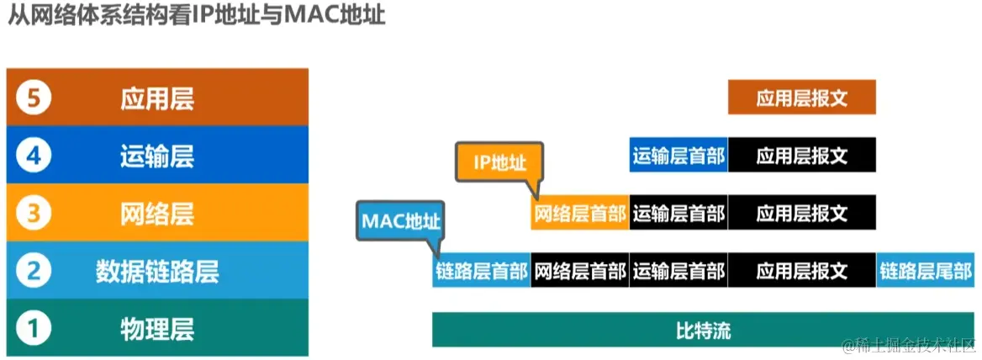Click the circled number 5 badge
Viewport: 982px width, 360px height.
(34, 99)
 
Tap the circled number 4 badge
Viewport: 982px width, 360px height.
(34, 156)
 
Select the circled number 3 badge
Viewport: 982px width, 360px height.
(34, 214)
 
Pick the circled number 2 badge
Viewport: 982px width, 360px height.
(34, 271)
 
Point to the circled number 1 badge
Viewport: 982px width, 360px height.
(34, 328)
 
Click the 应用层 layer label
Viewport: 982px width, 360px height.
(157, 99)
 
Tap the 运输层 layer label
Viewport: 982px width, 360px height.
(157, 156)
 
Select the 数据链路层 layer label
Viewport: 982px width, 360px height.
(157, 271)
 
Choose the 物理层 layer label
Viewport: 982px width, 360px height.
(157, 328)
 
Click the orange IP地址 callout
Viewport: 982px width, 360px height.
(499, 162)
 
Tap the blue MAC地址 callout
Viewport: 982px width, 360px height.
(400, 220)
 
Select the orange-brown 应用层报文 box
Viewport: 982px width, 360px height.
(801, 98)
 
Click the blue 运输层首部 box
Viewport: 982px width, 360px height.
(678, 156)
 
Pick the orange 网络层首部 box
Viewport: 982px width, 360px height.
(580, 213)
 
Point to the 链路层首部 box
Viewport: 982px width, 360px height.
(482, 271)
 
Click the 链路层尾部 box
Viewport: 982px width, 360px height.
(926, 271)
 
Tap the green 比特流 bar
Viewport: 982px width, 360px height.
(703, 330)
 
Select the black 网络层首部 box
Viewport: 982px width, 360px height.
(580, 271)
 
